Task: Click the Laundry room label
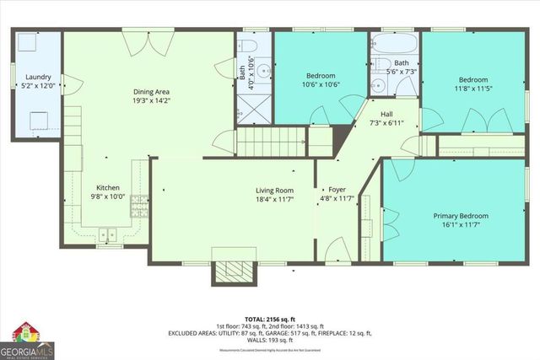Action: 37,76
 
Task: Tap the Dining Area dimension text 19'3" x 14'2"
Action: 152,99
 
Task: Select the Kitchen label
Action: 107,187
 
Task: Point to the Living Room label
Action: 274,190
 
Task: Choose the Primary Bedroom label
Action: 461,216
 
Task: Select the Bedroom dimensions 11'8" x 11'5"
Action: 472,89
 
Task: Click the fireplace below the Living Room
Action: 226,268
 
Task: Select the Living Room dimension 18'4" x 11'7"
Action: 274,199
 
